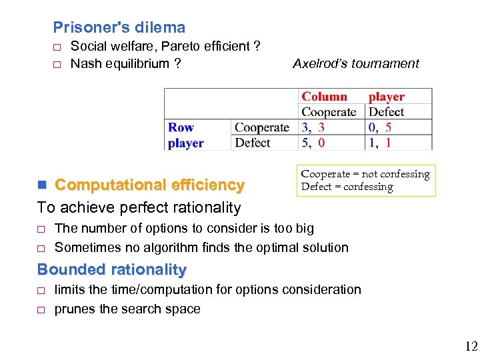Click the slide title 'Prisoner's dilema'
pyautogui.click(x=119, y=27)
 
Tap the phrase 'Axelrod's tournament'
pyautogui.click(x=356, y=63)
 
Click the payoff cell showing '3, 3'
pyautogui.click(x=313, y=127)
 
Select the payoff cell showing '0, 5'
pyautogui.click(x=380, y=127)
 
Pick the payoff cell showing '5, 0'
pyautogui.click(x=313, y=143)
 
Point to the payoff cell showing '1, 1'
pyautogui.click(x=380, y=143)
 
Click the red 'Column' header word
pyautogui.click(x=325, y=97)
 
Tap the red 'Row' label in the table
pyautogui.click(x=181, y=127)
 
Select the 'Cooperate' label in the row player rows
pyautogui.click(x=262, y=127)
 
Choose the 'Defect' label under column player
pyautogui.click(x=387, y=112)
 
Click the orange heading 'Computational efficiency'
pyautogui.click(x=149, y=185)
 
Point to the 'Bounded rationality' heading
pyautogui.click(x=112, y=269)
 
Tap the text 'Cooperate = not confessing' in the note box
pyautogui.click(x=365, y=174)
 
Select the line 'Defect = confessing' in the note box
pyautogui.click(x=347, y=187)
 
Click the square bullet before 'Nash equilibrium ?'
pyautogui.click(x=57, y=65)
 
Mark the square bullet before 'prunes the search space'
pyautogui.click(x=41, y=310)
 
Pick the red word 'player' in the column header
pyautogui.click(x=387, y=97)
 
